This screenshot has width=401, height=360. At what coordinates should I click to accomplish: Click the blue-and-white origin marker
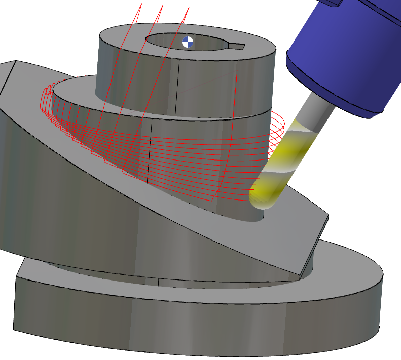click(188, 42)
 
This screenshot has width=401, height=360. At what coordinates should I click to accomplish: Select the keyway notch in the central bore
click(237, 47)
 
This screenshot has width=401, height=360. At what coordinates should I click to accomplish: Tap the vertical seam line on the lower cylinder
click(152, 152)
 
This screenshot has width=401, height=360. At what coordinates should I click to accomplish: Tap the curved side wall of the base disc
click(203, 324)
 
